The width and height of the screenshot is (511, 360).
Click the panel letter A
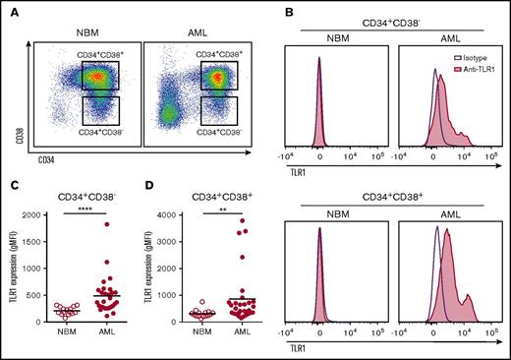click(9, 9)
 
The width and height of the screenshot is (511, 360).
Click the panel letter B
click(263, 9)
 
